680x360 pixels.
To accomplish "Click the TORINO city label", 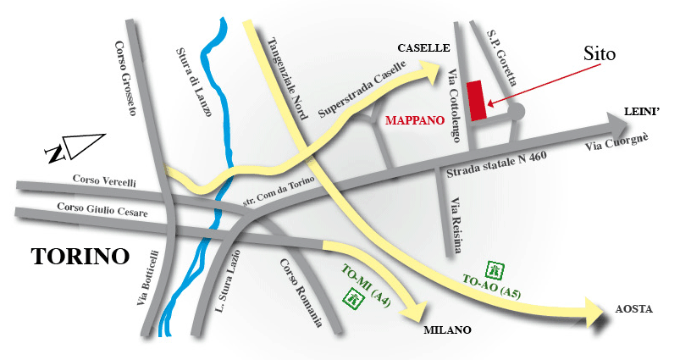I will pos(80,256).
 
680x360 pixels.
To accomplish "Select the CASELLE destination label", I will pos(423,48).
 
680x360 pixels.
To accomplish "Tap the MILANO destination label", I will pos(446,330).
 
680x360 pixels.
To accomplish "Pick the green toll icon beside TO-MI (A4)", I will pos(351,298).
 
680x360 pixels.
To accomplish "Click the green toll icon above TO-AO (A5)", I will pos(497,270).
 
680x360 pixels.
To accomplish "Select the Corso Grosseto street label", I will pos(126,80).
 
